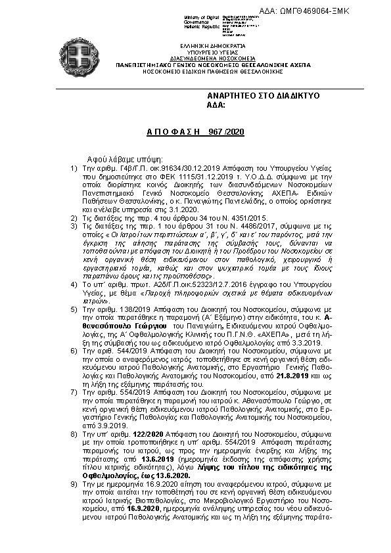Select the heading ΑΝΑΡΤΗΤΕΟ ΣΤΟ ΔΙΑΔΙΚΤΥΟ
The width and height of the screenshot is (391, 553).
pyautogui.click(x=263, y=96)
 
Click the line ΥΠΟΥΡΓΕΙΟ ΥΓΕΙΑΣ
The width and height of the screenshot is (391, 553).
pyautogui.click(x=202, y=50)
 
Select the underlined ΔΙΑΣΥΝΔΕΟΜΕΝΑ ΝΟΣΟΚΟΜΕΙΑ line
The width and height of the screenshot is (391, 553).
pyautogui.click(x=202, y=57)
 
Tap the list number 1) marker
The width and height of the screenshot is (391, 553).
pyautogui.click(x=74, y=168)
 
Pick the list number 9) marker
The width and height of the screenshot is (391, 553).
pyautogui.click(x=74, y=483)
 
